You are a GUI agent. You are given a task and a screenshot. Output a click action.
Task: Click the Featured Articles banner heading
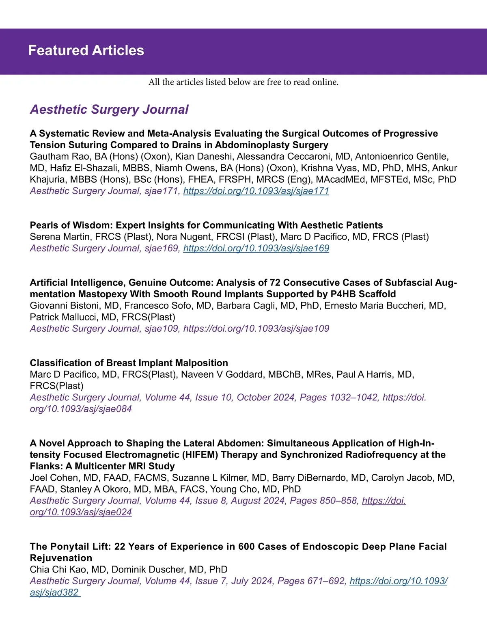[x=86, y=50]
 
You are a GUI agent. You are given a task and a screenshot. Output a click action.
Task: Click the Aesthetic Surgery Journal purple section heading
[x=109, y=109]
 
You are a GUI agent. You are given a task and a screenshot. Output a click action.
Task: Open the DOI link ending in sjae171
[x=256, y=191]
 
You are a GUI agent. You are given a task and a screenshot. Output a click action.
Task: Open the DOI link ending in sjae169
[x=256, y=248]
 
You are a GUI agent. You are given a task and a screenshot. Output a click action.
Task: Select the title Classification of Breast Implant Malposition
[x=129, y=363]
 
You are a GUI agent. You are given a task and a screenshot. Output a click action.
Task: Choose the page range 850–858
[x=338, y=501]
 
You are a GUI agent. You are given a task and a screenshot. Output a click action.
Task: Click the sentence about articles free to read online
[x=243, y=82]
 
